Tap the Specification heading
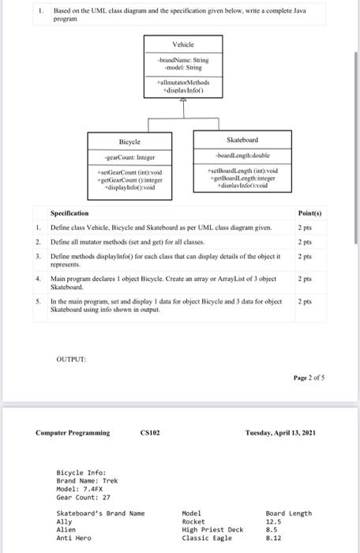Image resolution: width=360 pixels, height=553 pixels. point(69,214)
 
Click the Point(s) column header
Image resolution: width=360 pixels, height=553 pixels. point(309,214)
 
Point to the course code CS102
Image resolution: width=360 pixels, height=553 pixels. point(152,432)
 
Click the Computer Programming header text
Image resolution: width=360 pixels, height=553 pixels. point(73,432)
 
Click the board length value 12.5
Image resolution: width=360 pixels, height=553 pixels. point(274,522)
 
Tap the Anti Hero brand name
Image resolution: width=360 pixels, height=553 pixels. point(73,538)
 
